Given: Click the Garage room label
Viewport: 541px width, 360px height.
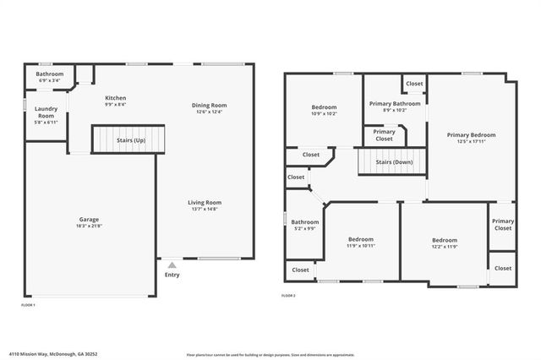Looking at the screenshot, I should click(90, 219).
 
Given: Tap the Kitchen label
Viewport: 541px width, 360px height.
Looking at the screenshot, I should click(116, 98).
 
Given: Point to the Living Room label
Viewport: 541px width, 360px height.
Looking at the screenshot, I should click(204, 202).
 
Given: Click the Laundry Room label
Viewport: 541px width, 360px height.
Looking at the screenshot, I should click(46, 112).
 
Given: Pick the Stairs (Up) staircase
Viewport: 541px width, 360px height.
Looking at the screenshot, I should click(128, 139).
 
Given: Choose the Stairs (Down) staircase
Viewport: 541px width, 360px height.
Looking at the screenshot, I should click(391, 161).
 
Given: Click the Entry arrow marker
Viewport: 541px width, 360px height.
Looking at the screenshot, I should click(172, 265).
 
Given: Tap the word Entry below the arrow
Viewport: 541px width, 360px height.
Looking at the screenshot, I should click(172, 274).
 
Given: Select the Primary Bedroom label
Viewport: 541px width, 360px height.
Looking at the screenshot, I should click(471, 134).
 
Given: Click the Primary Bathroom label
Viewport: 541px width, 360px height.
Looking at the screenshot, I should click(394, 103).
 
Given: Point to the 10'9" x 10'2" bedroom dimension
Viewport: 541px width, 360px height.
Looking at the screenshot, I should click(324, 113).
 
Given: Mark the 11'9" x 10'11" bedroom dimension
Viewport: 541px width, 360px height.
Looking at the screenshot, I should click(361, 245).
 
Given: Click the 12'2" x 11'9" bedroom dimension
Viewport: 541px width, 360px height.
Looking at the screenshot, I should click(445, 246).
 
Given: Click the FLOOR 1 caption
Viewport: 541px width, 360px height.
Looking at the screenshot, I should click(28, 304).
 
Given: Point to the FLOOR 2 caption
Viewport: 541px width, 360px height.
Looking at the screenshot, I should click(288, 295).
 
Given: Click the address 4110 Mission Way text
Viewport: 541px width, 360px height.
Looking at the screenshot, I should click(42, 355).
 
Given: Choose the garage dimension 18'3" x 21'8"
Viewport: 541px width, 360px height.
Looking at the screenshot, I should click(90, 225).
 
